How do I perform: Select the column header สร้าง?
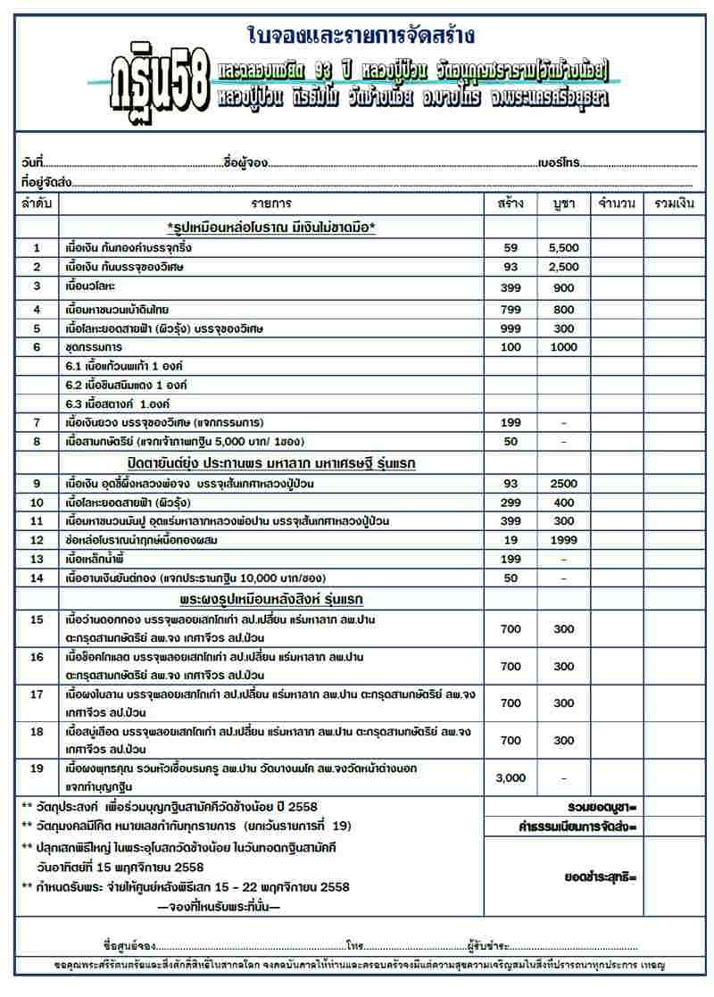(511, 204)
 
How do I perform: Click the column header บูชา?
(563, 204)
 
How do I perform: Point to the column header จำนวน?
(617, 204)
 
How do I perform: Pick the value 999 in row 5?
(511, 328)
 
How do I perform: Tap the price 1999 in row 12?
(563, 541)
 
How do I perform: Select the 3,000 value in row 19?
(511, 778)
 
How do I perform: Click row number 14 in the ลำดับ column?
(37, 578)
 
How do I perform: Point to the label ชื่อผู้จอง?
(246, 163)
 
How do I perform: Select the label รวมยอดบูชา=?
(601, 808)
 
